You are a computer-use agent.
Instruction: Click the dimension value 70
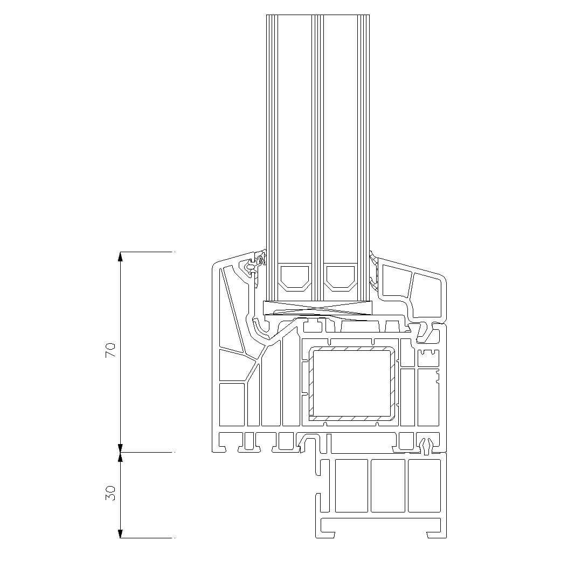point(110,350)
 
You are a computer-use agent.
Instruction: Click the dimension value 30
point(110,493)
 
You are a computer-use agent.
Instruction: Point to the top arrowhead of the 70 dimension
point(120,257)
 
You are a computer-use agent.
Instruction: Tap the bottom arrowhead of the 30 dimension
point(120,533)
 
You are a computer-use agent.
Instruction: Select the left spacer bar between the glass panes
point(295,276)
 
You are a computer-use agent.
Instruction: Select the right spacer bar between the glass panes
point(341,276)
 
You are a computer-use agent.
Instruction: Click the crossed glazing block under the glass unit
point(317,308)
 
